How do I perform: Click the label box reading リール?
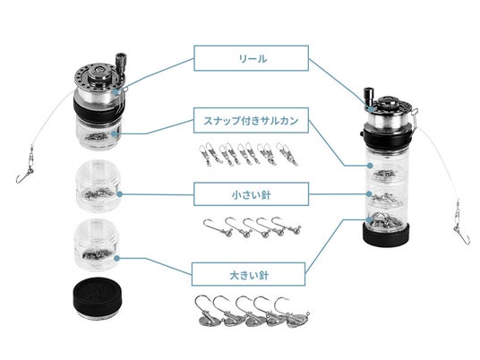(251, 58)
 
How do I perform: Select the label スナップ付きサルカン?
(251, 120)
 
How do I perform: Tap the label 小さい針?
(251, 194)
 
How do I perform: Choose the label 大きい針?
(249, 274)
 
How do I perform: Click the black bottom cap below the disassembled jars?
(97, 299)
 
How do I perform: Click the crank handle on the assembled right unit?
(368, 98)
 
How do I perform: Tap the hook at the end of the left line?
(22, 177)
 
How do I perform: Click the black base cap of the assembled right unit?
(386, 236)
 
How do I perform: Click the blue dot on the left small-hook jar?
(120, 194)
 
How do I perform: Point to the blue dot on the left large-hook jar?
(116, 259)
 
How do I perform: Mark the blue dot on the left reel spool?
(116, 92)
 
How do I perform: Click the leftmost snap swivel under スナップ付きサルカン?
(205, 155)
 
